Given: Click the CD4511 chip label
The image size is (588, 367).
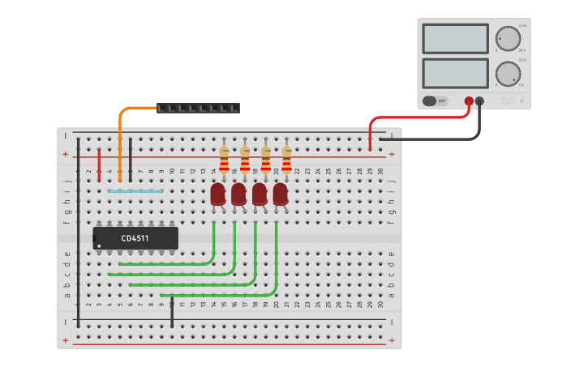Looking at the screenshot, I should [x=135, y=238].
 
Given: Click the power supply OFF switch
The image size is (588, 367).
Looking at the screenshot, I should [x=436, y=101].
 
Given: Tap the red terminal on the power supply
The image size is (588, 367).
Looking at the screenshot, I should [x=469, y=101].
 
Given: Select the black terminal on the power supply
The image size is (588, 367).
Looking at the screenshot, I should [x=480, y=101].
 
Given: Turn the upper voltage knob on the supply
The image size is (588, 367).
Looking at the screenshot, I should [x=508, y=38].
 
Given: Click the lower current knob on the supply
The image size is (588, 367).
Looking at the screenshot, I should [x=508, y=74].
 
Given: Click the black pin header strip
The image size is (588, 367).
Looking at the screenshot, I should [x=198, y=108].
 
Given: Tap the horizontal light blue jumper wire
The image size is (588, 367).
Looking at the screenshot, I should [x=135, y=191].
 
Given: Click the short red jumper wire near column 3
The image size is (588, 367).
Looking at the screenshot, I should [x=99, y=165].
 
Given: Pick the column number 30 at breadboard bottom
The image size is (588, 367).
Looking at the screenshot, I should [x=380, y=305].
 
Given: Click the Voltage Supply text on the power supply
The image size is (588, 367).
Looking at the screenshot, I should [x=508, y=100].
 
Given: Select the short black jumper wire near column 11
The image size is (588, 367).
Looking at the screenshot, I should [x=172, y=312].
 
